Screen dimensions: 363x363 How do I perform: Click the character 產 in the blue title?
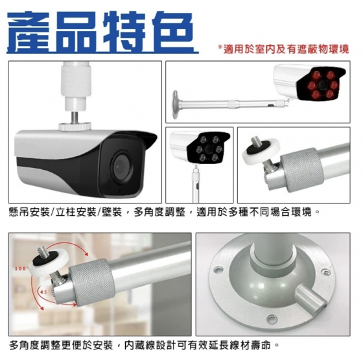click(28, 32)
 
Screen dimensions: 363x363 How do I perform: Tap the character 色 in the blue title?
click(172, 32)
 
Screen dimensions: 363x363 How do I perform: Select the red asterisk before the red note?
click(220, 47)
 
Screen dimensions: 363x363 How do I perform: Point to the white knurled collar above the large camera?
click(76, 79)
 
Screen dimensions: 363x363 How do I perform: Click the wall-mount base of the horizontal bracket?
click(176, 104)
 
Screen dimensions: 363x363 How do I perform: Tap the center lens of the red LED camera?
click(323, 84)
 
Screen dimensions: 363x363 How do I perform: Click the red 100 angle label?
click(21, 268)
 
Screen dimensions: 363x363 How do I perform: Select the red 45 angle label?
click(44, 292)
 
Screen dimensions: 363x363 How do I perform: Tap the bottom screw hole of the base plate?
click(272, 318)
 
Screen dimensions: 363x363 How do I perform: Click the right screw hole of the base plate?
click(325, 272)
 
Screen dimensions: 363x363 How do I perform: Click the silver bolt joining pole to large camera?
click(75, 117)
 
